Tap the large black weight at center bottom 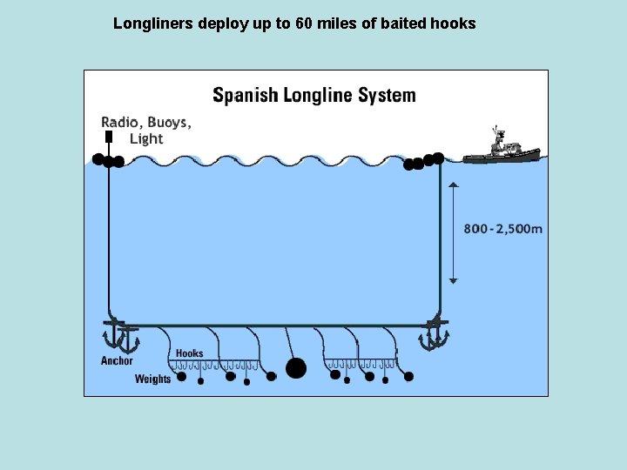coord(296,368)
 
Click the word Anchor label coord(117,360)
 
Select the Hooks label coord(189,353)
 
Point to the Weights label coord(152,379)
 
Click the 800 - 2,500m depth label coord(503,229)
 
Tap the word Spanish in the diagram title coord(245,95)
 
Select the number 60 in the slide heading coord(304,23)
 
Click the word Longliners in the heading coord(153,23)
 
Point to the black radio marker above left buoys coord(109,138)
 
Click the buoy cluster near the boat coord(423,161)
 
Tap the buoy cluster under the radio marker coord(108,160)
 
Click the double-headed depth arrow coord(453,232)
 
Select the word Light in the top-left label coord(146,138)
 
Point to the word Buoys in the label coord(168,122)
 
